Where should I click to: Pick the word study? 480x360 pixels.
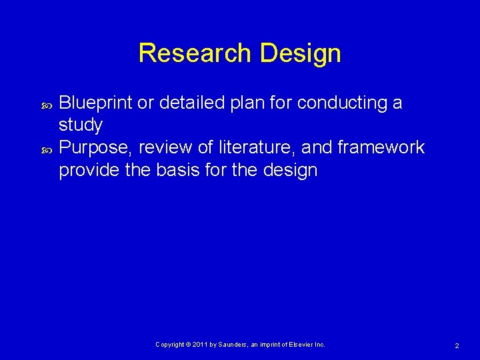coord(81,125)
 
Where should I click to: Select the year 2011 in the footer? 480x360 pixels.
coord(201,344)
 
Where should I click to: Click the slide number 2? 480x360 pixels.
coord(457,345)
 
